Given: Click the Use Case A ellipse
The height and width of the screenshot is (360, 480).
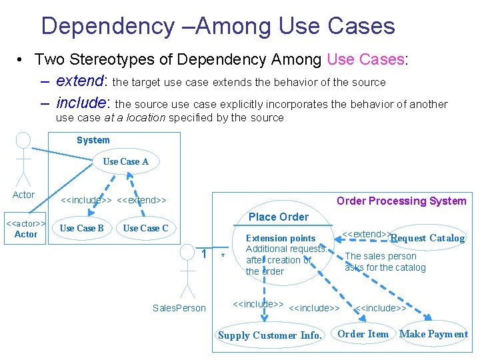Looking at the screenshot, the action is pos(126,161).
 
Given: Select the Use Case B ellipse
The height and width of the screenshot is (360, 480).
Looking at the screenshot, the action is pos(81,228).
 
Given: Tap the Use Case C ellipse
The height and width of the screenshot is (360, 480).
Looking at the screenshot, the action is pos(145,228).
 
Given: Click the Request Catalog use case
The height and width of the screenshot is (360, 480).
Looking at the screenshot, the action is pos(427,238).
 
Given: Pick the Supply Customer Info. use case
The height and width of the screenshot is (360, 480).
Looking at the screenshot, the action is pos(269,335).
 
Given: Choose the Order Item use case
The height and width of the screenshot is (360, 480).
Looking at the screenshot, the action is pos(363,334).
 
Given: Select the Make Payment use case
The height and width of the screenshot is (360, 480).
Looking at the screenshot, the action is pos(433,334).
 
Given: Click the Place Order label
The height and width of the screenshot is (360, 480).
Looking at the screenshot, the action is pos(279,217).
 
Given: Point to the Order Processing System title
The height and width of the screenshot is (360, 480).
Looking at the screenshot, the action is pos(401,201).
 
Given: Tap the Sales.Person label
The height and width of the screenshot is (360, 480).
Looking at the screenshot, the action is pos(179,308).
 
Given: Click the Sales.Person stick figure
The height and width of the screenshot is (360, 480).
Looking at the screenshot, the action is pos(187,273).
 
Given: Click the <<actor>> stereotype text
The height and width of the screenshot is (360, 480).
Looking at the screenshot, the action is pos(25,223).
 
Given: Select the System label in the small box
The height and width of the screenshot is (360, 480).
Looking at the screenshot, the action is pos(93,140).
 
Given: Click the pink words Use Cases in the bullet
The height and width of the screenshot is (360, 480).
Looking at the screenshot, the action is pos(366,59).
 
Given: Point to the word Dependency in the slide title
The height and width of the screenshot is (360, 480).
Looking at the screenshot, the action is pos(107,26).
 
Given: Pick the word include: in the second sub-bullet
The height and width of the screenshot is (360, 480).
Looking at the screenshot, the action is pos(84,103).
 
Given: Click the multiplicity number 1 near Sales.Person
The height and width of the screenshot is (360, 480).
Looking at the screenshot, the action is pos(204,253).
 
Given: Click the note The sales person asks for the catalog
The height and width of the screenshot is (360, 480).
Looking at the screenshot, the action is pos(385,261).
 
